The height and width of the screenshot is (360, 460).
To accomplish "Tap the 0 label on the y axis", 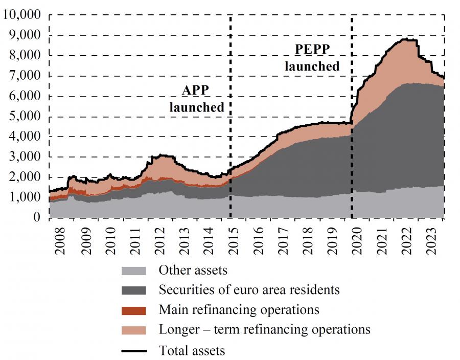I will point(36,217).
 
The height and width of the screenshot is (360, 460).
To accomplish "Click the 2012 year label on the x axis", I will point(159,239).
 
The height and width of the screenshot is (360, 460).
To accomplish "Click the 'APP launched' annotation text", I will point(196,99).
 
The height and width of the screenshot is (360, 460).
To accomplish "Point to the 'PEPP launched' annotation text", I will point(312,57).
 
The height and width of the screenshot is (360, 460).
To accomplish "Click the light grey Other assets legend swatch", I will point(133,269).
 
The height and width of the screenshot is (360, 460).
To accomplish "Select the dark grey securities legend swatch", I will point(133,290).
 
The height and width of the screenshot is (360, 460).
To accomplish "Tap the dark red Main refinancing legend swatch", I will point(133,310).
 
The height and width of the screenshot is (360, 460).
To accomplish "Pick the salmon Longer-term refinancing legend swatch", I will point(133,330).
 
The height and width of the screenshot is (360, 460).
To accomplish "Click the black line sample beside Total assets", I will point(133,351).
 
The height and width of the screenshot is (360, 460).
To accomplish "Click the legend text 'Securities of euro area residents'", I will point(249,290).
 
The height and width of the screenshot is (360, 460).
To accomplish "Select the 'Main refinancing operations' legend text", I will point(239,310).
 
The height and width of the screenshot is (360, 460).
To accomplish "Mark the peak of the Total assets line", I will point(406,39).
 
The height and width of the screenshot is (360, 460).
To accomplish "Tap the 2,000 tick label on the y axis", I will point(24,177).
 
